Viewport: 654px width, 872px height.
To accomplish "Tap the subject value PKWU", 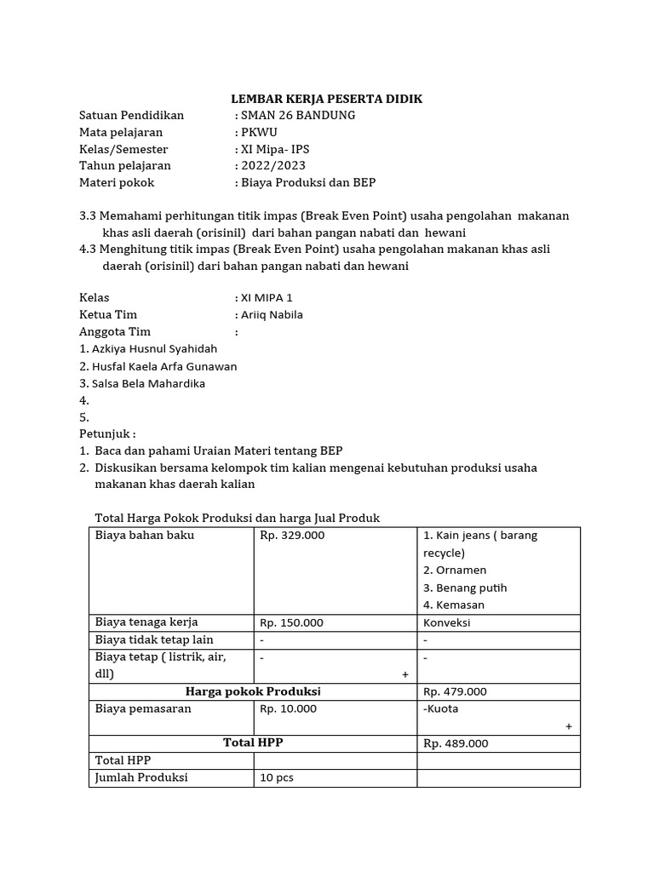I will (x=260, y=132).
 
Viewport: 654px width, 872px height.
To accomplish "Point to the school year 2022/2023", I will (x=273, y=165).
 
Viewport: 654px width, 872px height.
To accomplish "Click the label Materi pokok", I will (x=117, y=182).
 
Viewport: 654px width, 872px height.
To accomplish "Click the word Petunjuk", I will (x=106, y=433).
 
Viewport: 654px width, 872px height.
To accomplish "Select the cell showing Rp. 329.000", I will (x=292, y=536).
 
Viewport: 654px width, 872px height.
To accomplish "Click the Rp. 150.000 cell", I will (x=292, y=622).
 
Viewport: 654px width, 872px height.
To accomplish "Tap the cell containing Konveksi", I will (x=447, y=622).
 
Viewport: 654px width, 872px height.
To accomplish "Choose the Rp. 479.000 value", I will (x=456, y=691).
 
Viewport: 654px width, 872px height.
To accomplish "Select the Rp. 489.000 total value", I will (x=456, y=743).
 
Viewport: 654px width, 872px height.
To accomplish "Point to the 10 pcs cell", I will (x=277, y=777).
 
